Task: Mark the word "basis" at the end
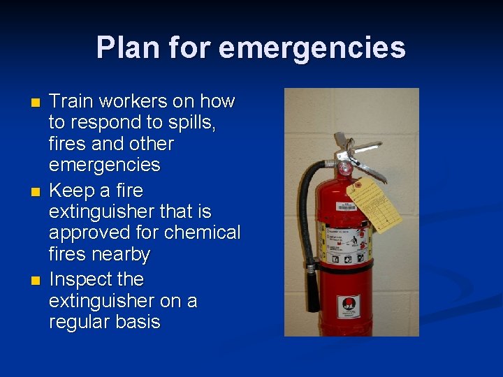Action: (x=140, y=323)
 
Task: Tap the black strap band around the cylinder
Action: (x=342, y=267)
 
